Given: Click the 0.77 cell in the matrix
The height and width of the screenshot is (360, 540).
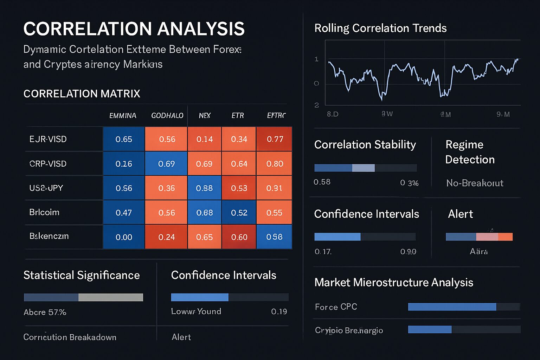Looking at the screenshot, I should tap(275, 139).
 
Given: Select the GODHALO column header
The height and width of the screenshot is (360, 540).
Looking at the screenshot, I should tap(167, 116).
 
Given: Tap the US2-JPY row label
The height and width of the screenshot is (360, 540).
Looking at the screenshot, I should tap(46, 188).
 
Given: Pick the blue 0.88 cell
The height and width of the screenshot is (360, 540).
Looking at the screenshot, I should tap(204, 188).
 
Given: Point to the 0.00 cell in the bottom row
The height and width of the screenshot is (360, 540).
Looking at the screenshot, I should tap(124, 237).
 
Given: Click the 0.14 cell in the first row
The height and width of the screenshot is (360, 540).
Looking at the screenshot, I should tap(204, 139).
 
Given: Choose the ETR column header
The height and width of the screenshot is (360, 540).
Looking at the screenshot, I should tap(238, 116).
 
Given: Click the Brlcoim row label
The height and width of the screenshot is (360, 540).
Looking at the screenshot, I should tap(44, 212).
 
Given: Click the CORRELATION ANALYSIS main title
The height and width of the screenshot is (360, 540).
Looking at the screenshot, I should tap(134, 29).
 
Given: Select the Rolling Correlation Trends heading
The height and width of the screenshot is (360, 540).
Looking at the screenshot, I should tap(380, 28).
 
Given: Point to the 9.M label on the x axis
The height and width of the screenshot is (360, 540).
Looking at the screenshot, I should tap(503, 114).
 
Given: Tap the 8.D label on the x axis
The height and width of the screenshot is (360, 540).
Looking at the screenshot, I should tap(333, 114).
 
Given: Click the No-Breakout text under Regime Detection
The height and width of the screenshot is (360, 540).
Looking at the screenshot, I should tap(475, 183).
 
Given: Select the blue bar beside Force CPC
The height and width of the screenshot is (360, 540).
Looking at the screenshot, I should tap(452, 307).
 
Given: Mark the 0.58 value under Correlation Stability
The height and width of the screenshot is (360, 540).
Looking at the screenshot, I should tap(322, 182).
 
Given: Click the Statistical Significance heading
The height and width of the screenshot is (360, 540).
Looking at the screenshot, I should tap(82, 275).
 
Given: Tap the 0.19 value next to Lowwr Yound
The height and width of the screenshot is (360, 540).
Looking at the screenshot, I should tap(279, 311).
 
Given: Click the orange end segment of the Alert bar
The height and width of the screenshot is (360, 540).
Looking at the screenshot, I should tap(505, 237).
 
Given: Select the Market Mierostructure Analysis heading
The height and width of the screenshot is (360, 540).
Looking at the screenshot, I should tap(394, 282).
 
